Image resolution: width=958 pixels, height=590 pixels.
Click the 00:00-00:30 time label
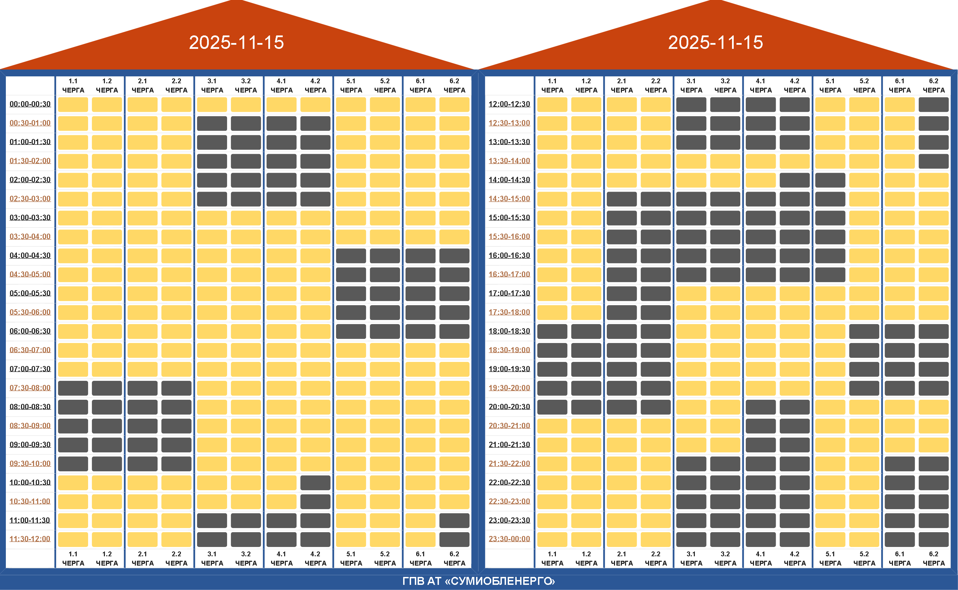[30, 104]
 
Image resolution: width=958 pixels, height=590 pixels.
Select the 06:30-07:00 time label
[30, 350]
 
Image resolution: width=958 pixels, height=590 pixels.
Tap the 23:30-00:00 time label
[509, 539]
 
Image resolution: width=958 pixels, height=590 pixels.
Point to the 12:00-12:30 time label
[509, 104]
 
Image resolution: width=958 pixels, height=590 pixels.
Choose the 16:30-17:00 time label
[509, 274]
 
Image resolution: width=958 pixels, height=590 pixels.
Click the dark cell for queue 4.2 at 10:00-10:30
[315, 483]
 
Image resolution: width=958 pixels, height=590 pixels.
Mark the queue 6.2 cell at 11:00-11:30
[454, 520]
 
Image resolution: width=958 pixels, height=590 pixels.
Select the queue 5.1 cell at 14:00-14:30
[830, 180]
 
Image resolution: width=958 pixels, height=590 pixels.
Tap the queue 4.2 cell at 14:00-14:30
[795, 180]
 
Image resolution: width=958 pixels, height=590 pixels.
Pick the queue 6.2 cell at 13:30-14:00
[934, 161]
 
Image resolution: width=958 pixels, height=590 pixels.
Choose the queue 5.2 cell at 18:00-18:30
[864, 331]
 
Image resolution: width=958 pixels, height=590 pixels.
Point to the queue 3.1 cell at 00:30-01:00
[212, 123]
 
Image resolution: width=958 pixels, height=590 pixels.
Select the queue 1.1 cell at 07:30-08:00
[73, 388]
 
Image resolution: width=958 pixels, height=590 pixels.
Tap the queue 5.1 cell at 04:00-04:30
[351, 256]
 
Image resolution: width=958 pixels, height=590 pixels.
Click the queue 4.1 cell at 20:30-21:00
[760, 426]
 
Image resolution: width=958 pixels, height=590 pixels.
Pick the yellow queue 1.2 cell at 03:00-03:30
[107, 218]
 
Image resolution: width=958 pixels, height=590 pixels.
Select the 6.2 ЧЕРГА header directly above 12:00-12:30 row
[934, 85]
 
